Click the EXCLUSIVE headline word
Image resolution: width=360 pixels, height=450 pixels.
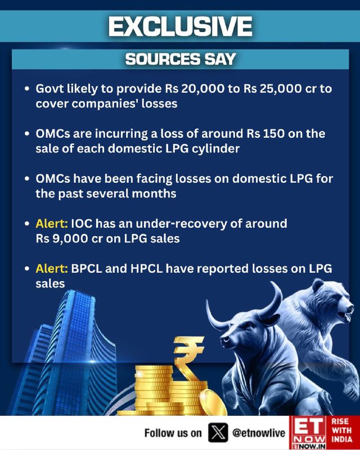click(x=181, y=26)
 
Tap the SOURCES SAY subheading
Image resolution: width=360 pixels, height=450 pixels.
click(x=181, y=59)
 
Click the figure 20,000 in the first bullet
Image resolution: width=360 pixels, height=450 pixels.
click(x=203, y=89)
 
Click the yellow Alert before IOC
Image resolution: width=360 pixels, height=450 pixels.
click(x=52, y=223)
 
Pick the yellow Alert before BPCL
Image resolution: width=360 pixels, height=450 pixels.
click(x=52, y=269)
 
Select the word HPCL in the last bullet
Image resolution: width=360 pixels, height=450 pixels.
click(x=146, y=269)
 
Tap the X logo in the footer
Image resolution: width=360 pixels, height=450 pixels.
click(x=218, y=433)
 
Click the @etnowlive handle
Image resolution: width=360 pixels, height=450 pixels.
click(x=259, y=433)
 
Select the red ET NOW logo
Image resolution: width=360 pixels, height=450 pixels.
click(x=308, y=433)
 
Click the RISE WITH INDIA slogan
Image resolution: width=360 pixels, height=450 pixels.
click(x=342, y=430)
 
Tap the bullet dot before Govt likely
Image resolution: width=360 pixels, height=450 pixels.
click(x=27, y=89)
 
